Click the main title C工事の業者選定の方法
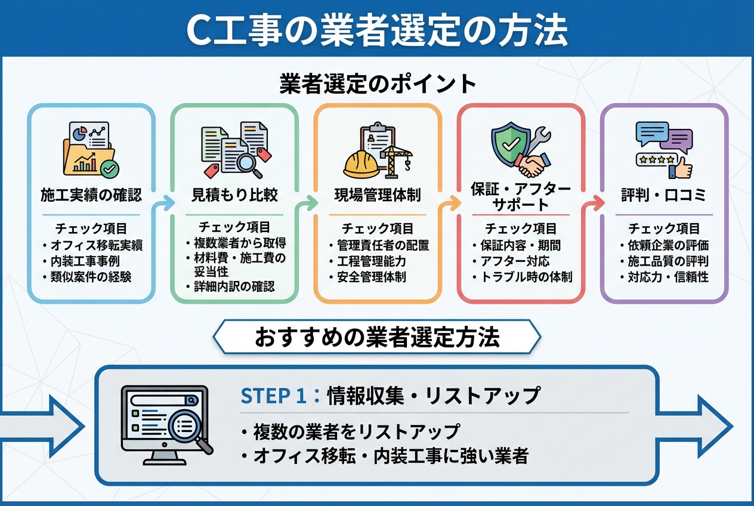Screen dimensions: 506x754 [x=376, y=30]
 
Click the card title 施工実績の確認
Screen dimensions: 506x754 [x=91, y=195]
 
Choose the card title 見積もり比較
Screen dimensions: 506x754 [x=234, y=195]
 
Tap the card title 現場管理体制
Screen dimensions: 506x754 [x=377, y=195]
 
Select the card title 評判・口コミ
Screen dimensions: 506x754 [x=664, y=195]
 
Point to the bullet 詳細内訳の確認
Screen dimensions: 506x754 [x=234, y=286]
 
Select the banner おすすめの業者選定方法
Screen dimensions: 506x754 [x=377, y=337]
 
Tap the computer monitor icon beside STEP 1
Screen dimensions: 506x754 [x=164, y=424]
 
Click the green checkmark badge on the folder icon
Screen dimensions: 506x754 [x=109, y=169]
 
